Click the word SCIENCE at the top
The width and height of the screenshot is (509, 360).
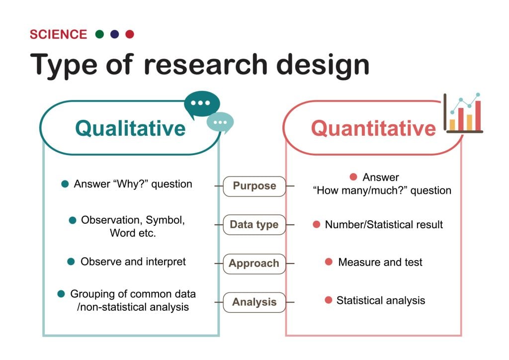[58, 34]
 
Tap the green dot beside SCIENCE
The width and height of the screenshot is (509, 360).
[99, 34]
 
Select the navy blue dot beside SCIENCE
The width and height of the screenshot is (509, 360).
[114, 34]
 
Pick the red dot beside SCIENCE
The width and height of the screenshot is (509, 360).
[130, 34]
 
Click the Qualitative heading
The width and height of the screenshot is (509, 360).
[130, 128]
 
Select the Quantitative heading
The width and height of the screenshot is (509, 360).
[373, 128]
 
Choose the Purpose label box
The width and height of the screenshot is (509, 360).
[254, 186]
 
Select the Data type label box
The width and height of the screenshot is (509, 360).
[254, 225]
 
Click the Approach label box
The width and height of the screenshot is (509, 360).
[254, 264]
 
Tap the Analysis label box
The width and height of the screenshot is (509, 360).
[254, 302]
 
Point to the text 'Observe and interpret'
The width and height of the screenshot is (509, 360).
[133, 262]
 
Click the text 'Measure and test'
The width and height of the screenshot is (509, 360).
[380, 262]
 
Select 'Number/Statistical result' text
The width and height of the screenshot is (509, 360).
[384, 225]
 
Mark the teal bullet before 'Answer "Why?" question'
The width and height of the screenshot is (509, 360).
[65, 184]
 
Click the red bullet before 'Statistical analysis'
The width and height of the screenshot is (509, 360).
[328, 300]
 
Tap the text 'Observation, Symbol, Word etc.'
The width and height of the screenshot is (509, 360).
[133, 226]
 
